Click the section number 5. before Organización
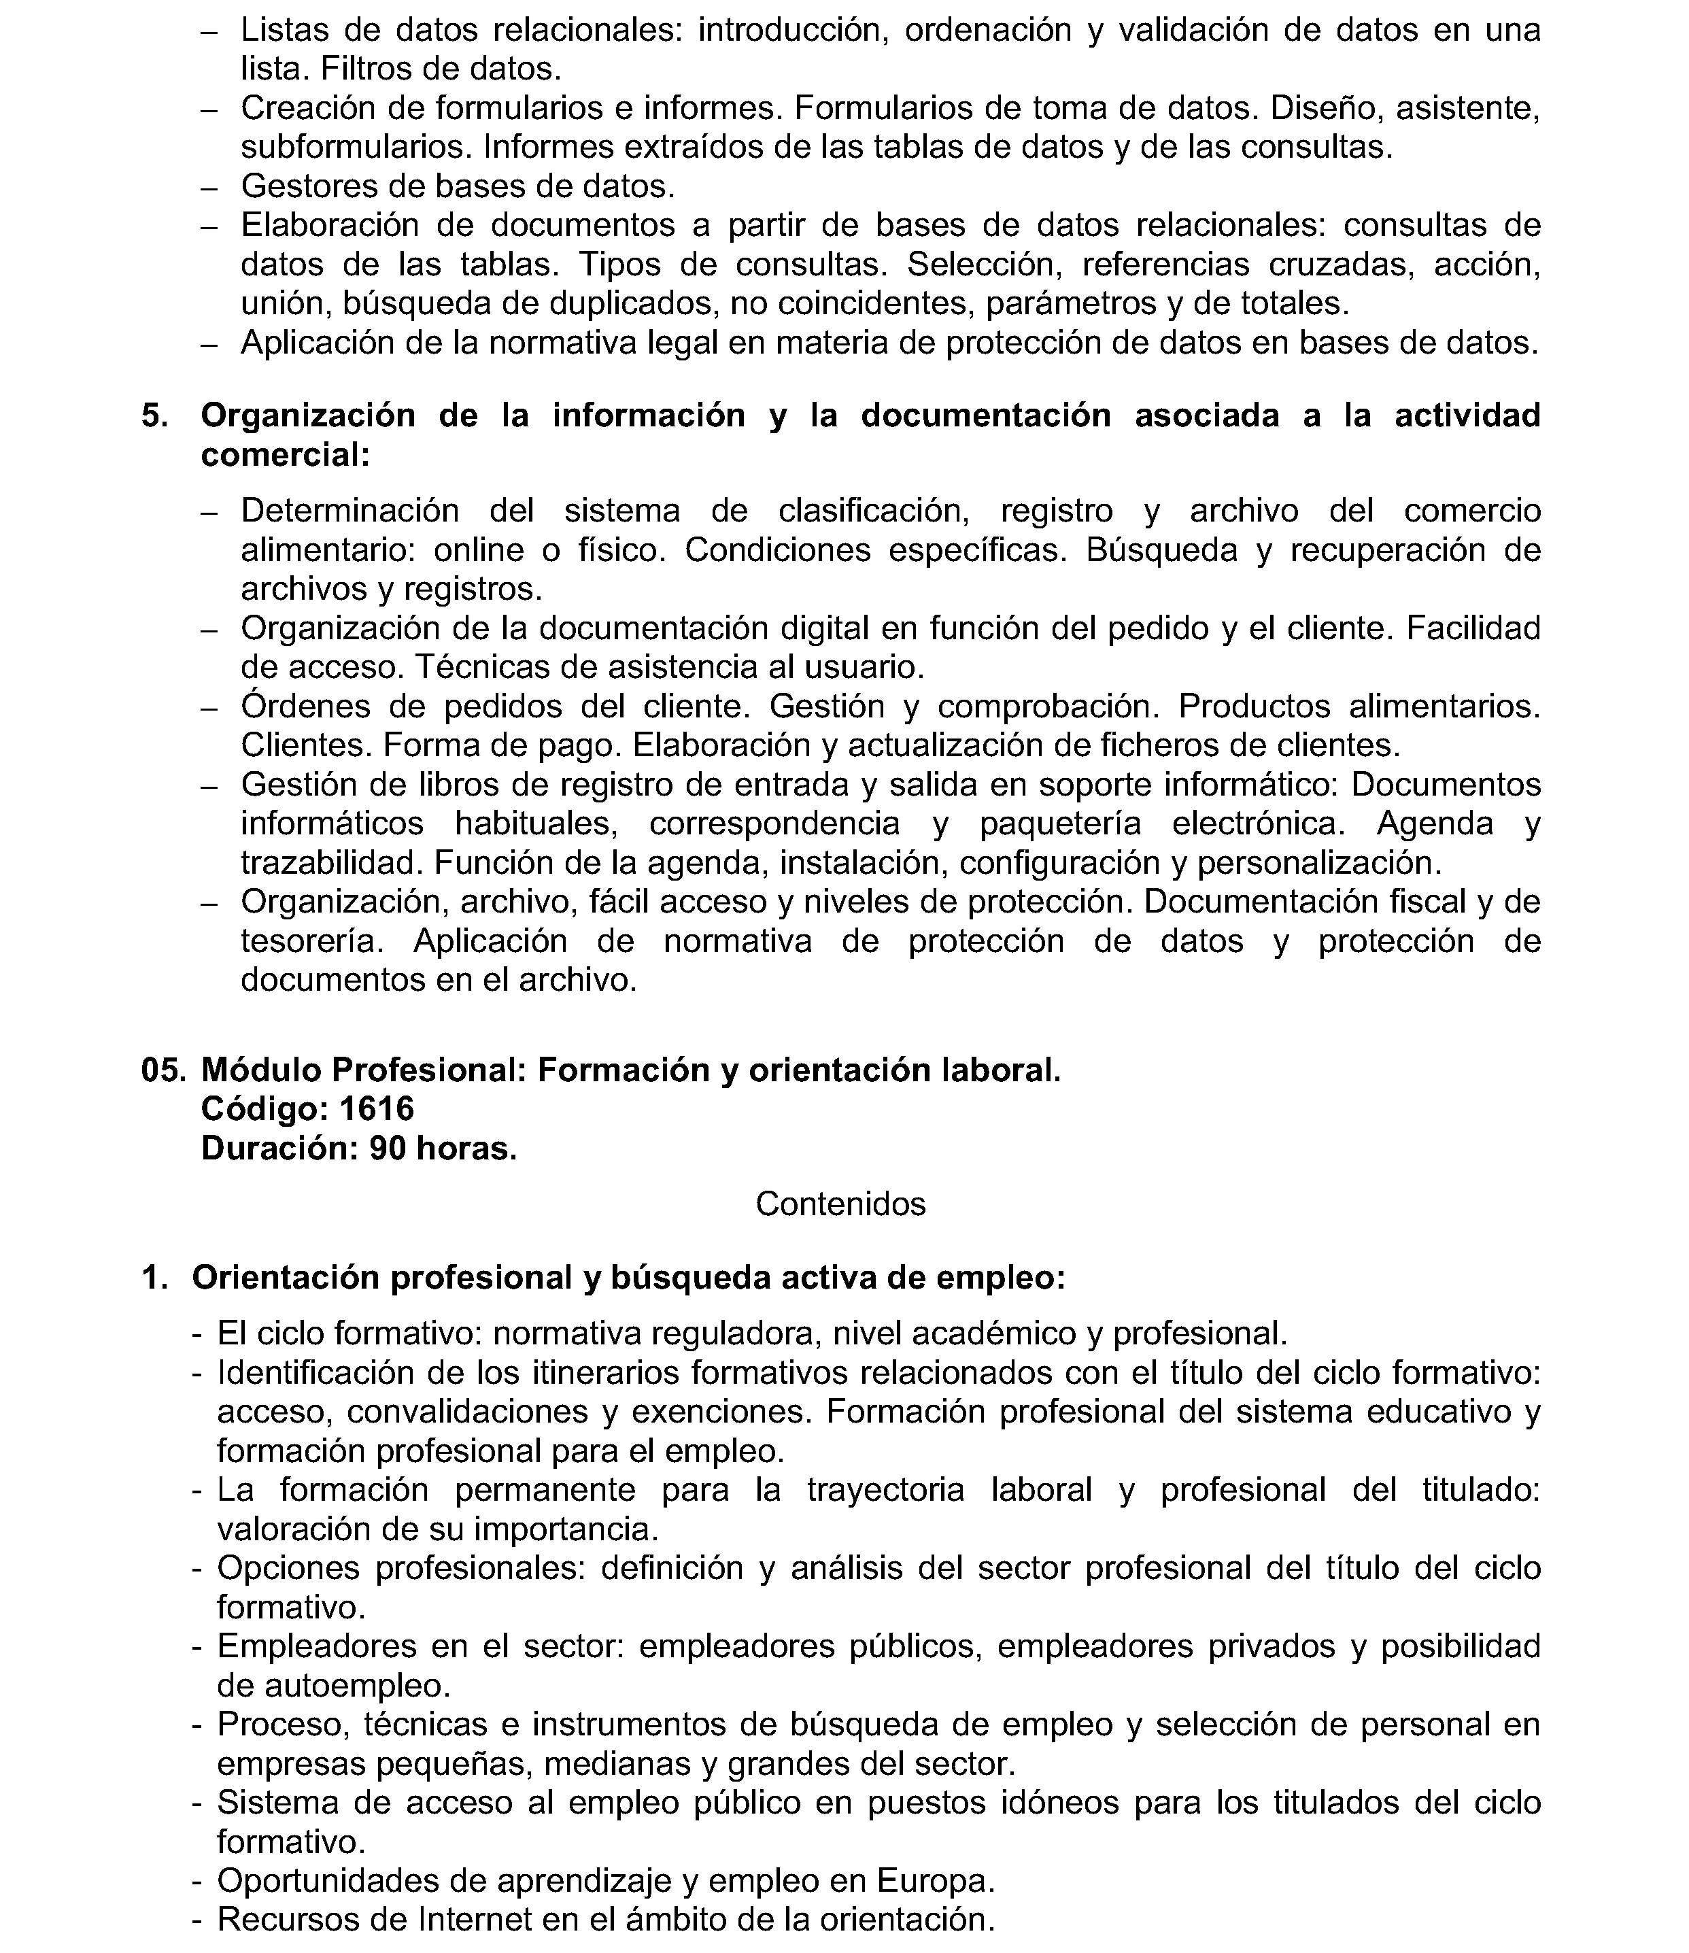(156, 415)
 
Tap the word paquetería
(1060, 823)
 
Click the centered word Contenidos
(840, 1204)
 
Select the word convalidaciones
(468, 1411)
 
